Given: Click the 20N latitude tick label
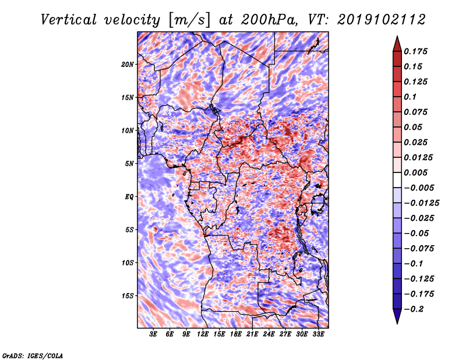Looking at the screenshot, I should pos(128,64).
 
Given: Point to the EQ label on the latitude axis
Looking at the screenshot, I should pos(129,197).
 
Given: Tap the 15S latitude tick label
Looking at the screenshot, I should pos(128,296).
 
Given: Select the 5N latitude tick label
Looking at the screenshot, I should pos(129,164).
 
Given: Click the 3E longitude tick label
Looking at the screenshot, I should pos(154,334).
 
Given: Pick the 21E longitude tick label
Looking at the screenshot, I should pos(252,334).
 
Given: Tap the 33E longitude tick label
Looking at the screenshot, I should pos(318,334).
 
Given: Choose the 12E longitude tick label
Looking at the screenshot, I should pos(203,334).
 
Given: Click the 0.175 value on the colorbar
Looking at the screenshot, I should pos(417,51).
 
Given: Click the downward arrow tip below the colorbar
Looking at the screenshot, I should pos(396,322).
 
